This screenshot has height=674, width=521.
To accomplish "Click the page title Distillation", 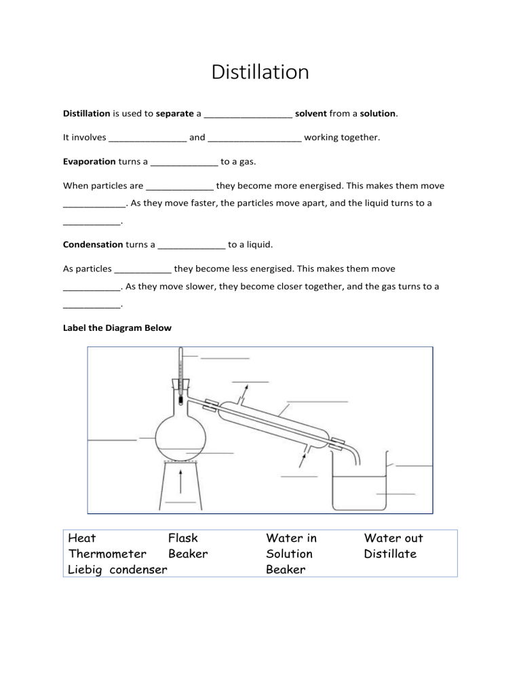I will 260,72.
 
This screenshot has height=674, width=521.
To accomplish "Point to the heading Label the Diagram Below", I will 117,328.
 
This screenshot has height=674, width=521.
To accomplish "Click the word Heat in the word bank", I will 82,538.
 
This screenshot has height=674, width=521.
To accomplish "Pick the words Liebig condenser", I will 117,570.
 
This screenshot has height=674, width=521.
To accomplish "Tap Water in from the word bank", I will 291,538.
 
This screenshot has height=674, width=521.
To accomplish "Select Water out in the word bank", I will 393,538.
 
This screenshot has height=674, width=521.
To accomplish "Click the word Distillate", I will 390,554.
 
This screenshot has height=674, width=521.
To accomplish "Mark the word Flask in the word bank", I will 183,538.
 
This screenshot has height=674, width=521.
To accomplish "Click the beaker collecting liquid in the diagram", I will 359,488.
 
